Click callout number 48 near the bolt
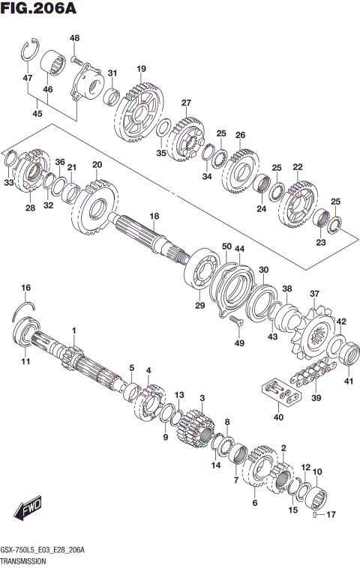pyautogui.click(x=74, y=38)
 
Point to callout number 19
pyautogui.click(x=140, y=69)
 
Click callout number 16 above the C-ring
pyautogui.click(x=25, y=288)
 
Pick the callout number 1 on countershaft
pyautogui.click(x=74, y=330)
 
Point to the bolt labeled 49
pyautogui.click(x=237, y=321)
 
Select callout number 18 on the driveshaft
pyautogui.click(x=154, y=216)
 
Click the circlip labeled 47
pyautogui.click(x=28, y=51)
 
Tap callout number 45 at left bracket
pyautogui.click(x=37, y=114)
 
